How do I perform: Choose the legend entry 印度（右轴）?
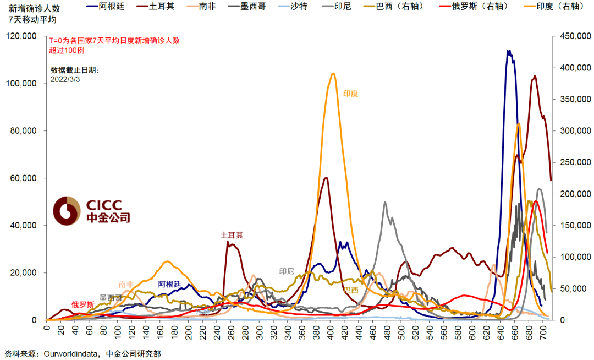point(552,7)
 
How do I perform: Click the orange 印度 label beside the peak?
point(350,94)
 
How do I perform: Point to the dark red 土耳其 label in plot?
point(232,235)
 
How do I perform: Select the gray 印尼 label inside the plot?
point(287,271)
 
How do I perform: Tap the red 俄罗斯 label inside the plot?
point(82,304)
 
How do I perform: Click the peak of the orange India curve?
point(333,73)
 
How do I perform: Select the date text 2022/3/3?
point(65,79)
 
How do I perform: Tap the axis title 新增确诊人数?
point(30,8)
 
